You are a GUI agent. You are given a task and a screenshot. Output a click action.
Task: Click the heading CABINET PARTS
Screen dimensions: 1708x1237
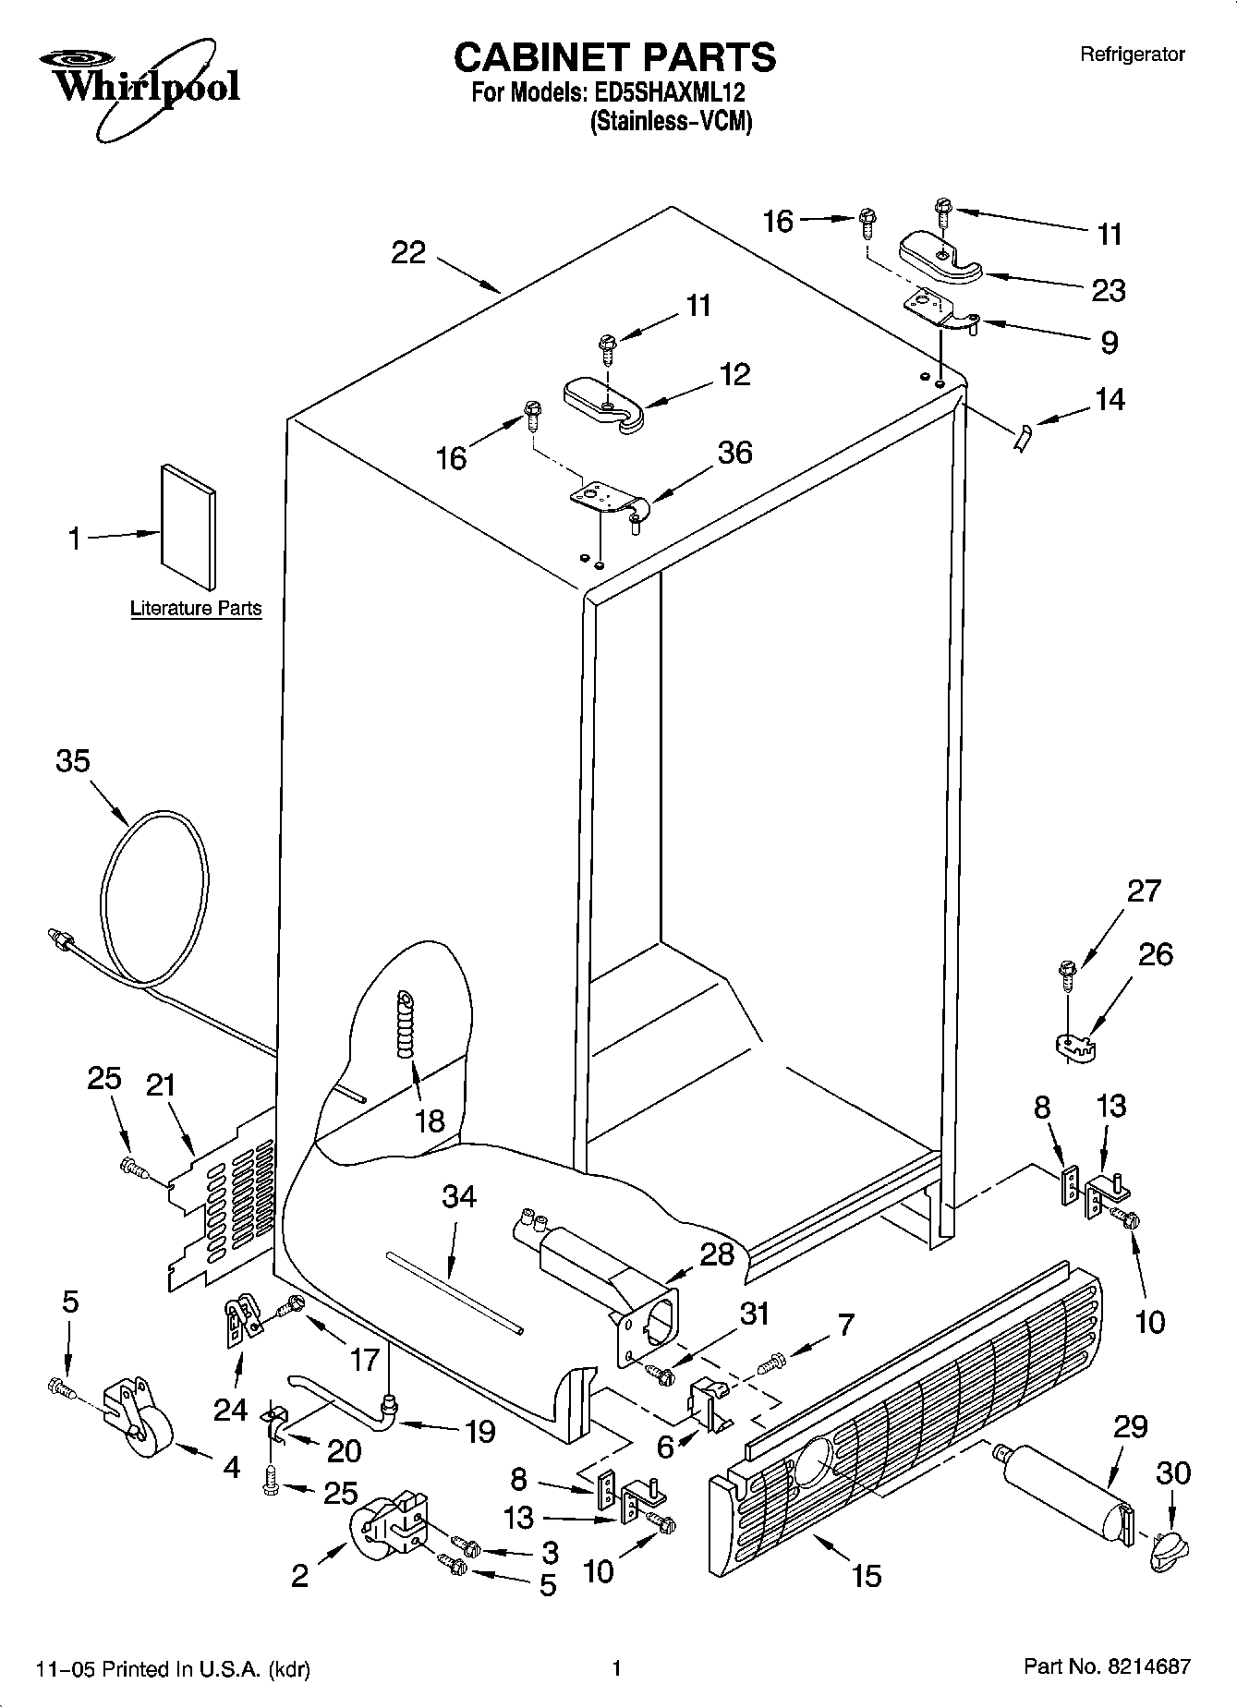coord(614,57)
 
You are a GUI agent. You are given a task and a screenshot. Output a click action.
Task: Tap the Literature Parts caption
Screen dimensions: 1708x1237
coord(196,609)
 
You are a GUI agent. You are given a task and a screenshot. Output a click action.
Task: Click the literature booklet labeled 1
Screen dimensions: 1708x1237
coord(189,527)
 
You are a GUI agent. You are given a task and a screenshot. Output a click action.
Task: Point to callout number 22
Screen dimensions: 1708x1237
coord(408,252)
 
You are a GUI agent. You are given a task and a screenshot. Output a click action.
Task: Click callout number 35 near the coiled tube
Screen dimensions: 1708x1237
coord(73,761)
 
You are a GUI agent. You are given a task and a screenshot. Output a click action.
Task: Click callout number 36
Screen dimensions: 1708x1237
coord(735,453)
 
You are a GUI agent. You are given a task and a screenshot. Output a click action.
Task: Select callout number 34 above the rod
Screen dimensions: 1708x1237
coord(458,1197)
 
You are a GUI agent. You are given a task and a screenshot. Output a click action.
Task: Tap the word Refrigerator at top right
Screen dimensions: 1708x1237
coord(1132,55)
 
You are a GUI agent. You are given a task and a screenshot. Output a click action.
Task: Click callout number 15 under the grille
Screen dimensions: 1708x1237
coord(867,1575)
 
